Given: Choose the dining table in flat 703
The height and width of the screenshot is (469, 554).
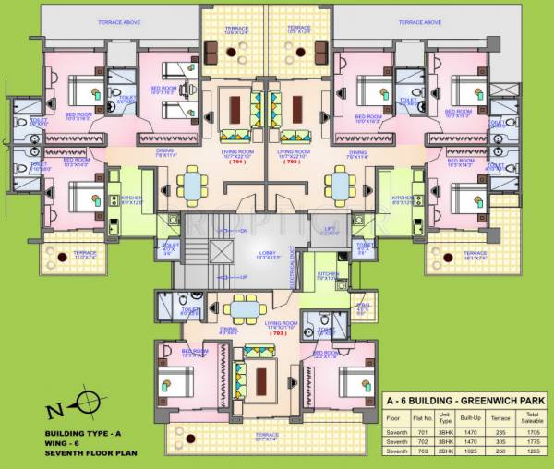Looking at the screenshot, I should click(244, 308).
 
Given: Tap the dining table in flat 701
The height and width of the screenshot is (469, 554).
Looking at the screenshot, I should click(193, 183).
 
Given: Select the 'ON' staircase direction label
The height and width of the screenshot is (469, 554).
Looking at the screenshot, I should click(243, 230).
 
